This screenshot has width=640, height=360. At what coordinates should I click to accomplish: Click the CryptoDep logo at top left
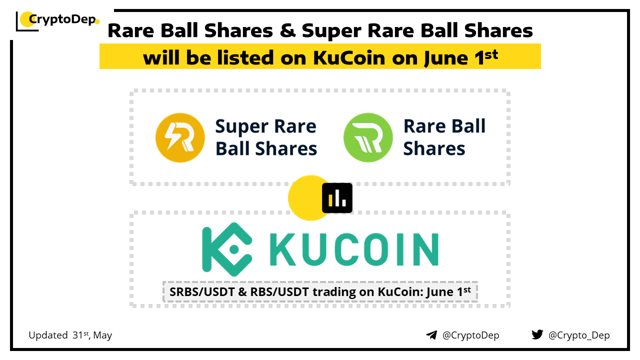click(x=57, y=20)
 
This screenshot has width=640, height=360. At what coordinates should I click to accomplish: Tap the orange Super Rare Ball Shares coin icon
click(x=180, y=137)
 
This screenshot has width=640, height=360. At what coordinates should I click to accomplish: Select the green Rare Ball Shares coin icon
click(x=368, y=137)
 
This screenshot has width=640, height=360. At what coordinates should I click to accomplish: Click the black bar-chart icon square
click(x=337, y=198)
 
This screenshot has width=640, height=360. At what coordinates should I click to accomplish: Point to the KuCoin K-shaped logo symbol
click(x=227, y=249)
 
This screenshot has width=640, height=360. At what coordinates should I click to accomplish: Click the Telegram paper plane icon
click(x=431, y=335)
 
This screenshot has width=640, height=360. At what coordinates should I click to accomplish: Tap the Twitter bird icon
click(x=537, y=334)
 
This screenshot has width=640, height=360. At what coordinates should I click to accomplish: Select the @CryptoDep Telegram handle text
click(x=470, y=335)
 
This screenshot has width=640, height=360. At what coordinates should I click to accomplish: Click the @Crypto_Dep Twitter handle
click(x=579, y=335)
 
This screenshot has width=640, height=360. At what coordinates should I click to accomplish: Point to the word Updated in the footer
click(x=48, y=335)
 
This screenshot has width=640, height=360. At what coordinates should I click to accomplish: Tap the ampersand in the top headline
click(x=287, y=30)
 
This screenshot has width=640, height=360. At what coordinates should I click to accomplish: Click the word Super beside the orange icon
click(x=241, y=127)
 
